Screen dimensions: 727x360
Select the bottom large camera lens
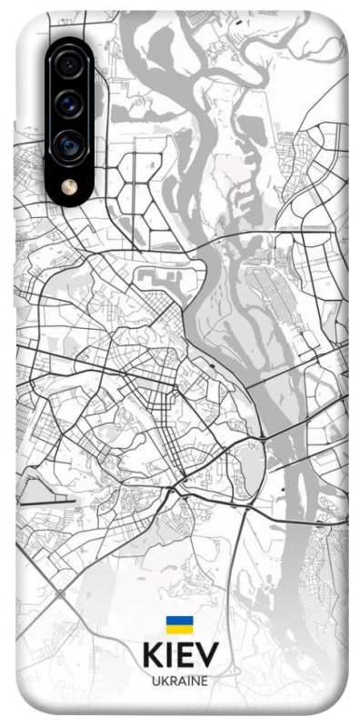click(x=69, y=144)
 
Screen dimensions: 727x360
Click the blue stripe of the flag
click(x=179, y=620)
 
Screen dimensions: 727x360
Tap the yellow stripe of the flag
click(x=179, y=628)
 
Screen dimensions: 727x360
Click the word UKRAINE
click(x=179, y=680)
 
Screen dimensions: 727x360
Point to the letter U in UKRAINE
click(x=155, y=680)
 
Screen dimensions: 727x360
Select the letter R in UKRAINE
click(x=172, y=680)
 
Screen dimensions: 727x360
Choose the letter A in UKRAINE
click(x=181, y=680)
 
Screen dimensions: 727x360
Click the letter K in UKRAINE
click(x=163, y=680)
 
